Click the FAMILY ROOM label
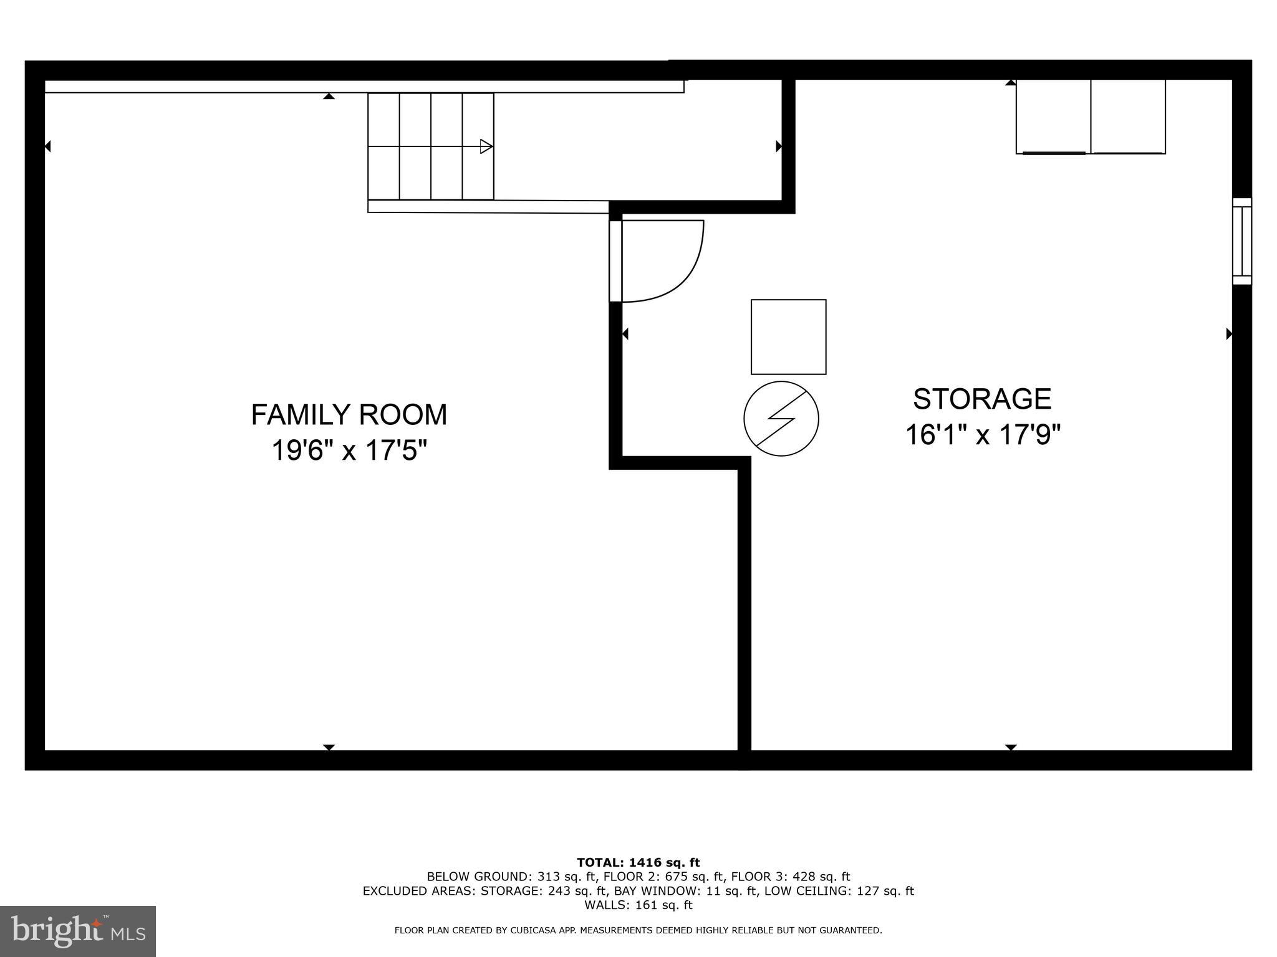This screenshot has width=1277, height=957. (349, 415)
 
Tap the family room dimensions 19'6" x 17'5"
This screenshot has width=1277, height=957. (349, 450)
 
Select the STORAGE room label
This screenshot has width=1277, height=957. (982, 399)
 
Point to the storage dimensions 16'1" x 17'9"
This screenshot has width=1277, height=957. (982, 435)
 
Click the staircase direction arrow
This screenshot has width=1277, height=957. (486, 146)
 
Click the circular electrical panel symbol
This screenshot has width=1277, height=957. (781, 419)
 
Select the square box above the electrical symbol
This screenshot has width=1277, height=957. (788, 337)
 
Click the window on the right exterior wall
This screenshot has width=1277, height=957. (1241, 242)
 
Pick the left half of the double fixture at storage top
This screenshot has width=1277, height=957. (1053, 117)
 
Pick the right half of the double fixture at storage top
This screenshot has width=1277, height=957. (1128, 117)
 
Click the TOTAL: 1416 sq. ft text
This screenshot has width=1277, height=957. (638, 863)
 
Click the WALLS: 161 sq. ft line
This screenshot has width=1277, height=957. (638, 905)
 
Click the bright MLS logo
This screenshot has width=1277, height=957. (77, 931)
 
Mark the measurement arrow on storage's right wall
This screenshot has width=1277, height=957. (1229, 334)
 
